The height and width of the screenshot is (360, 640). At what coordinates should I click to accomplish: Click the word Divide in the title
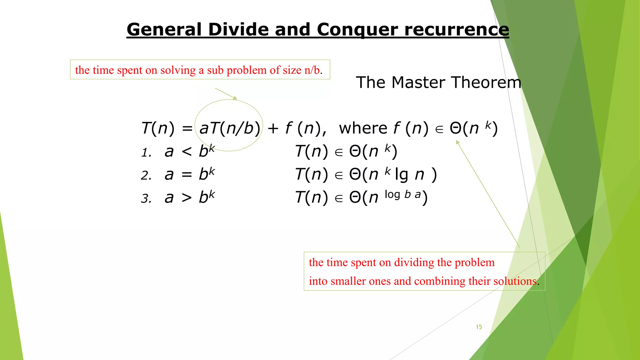238,30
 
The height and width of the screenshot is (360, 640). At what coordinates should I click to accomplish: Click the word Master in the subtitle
418,82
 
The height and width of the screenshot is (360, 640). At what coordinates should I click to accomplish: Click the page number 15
479,327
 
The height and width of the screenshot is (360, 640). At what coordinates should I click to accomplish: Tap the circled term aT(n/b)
230,128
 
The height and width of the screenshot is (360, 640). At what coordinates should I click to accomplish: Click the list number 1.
146,153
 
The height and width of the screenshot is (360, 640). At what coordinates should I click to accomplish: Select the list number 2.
146,176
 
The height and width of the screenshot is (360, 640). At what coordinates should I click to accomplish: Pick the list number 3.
146,199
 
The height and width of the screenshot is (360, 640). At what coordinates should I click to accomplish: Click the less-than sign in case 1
187,152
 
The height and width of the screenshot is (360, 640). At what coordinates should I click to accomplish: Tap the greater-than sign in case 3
187,198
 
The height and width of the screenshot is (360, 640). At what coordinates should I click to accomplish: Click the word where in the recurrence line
363,128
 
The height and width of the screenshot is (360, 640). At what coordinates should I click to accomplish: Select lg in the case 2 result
401,175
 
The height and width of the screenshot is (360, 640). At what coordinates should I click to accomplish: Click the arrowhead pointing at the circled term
235,98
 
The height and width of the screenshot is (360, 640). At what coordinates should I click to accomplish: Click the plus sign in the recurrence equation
273,128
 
